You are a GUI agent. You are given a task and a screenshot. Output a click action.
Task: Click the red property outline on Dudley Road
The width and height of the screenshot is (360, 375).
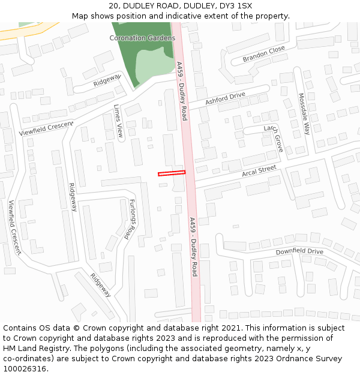pyautogui.click(x=172, y=173)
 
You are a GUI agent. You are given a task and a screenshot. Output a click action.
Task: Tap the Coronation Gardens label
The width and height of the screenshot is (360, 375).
pyautogui.click(x=138, y=38)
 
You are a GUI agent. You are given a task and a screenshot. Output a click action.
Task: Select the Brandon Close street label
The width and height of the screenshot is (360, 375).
pyautogui.click(x=263, y=55)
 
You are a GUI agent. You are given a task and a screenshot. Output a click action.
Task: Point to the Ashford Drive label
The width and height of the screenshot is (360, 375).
pyautogui.click(x=225, y=98)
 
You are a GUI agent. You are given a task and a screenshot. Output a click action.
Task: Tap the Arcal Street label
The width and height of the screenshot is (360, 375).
pyautogui.click(x=259, y=172)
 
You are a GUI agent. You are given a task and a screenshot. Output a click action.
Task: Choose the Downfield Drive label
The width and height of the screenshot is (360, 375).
pyautogui.click(x=299, y=251)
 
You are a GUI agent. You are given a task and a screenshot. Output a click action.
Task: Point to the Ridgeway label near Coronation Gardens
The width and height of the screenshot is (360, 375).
pyautogui.click(x=107, y=80)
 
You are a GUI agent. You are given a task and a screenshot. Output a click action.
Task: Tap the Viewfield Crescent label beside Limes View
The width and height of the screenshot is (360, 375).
pyautogui.click(x=46, y=128)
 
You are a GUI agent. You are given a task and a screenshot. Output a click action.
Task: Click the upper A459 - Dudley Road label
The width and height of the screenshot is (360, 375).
pyautogui.click(x=182, y=91)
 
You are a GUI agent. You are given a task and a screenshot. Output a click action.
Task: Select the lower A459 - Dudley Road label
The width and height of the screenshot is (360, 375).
pyautogui.click(x=193, y=247)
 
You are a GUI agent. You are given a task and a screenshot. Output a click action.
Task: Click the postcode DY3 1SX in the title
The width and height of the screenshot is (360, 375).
pyautogui.click(x=236, y=6)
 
